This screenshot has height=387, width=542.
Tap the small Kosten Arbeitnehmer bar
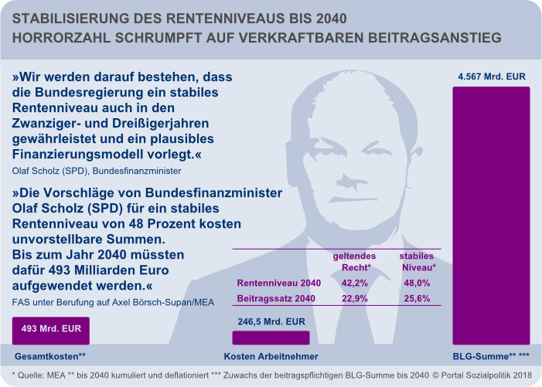(271, 338)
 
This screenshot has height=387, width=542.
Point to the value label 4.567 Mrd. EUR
(492, 76)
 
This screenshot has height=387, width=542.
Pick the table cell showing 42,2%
(354, 283)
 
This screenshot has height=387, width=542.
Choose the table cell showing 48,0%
(417, 283)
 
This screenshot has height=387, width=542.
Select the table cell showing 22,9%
(354, 298)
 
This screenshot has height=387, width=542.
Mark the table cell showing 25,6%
(417, 298)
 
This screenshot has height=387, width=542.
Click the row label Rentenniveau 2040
(278, 283)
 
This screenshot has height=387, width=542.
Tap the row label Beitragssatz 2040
(275, 298)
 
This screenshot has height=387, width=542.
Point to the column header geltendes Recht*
(355, 261)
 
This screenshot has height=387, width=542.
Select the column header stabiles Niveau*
(417, 261)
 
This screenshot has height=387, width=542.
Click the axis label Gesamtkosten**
(50, 356)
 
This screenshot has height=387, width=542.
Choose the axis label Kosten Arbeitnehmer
(271, 356)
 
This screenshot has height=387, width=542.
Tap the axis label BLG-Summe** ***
(491, 356)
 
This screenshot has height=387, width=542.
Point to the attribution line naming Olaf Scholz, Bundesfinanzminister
(97, 170)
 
